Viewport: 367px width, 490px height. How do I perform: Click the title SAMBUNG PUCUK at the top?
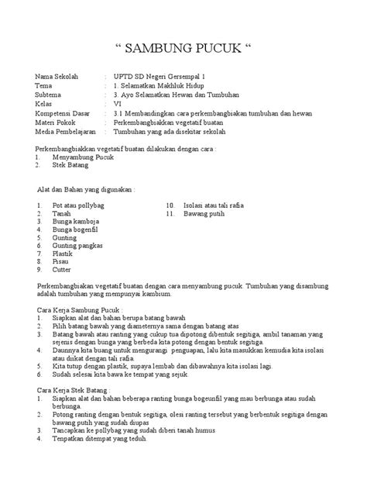coord(183,50)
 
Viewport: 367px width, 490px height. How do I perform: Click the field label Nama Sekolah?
coord(57,78)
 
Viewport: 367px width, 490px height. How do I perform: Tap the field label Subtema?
coord(49,95)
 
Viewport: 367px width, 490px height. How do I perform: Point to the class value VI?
coord(117,103)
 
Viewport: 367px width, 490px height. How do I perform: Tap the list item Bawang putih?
coord(204,213)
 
